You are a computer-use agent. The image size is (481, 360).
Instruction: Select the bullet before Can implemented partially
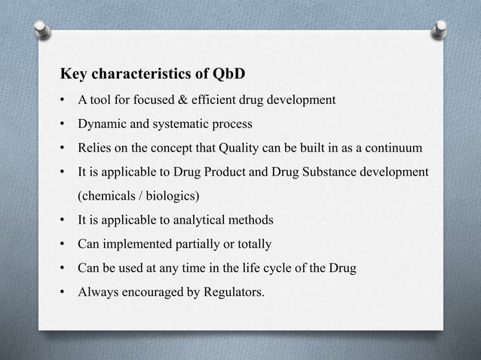point(63,244)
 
